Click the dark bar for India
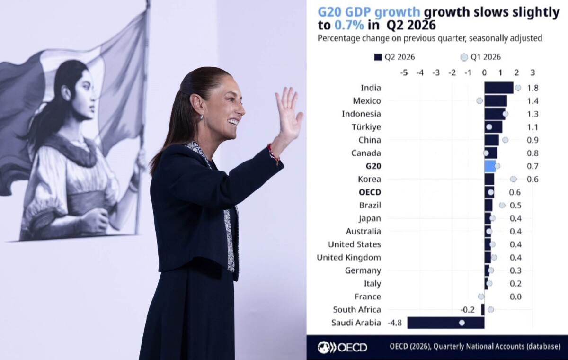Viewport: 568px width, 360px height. (x=499, y=88)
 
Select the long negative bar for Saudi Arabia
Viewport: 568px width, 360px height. (x=446, y=323)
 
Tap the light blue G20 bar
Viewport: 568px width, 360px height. (x=490, y=166)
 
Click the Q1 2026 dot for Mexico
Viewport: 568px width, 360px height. (x=479, y=101)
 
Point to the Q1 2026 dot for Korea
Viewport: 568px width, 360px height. (x=513, y=179)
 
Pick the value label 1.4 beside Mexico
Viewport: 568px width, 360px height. (x=532, y=101)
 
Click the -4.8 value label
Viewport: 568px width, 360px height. (x=395, y=323)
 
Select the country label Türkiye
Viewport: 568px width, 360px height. (x=366, y=127)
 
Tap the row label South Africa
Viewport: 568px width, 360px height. (x=357, y=309)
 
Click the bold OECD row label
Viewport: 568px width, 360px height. (x=370, y=192)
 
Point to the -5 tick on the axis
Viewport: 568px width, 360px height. (x=404, y=73)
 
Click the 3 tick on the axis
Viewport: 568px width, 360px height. (x=533, y=73)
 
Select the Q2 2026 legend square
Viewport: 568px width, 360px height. (x=378, y=57)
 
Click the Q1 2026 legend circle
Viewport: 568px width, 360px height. (x=464, y=57)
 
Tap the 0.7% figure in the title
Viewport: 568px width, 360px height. (x=349, y=25)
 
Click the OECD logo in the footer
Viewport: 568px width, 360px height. (x=342, y=347)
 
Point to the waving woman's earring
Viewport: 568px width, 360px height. (x=202, y=117)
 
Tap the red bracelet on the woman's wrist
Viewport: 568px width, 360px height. (x=274, y=153)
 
